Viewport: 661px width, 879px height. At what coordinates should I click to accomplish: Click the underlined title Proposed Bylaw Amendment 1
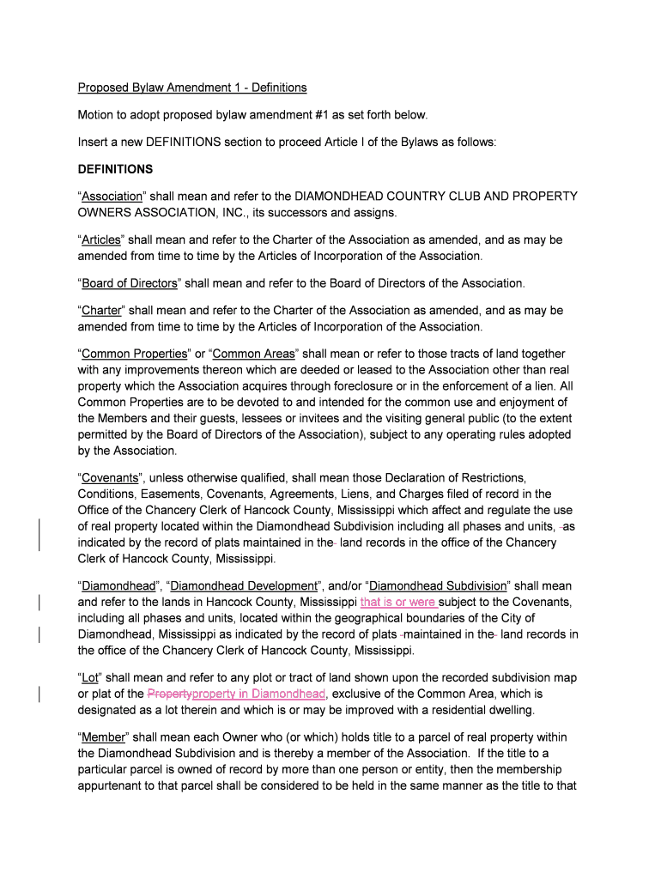pyautogui.click(x=192, y=88)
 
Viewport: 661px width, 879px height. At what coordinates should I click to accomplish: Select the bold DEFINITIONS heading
pyautogui.click(x=115, y=169)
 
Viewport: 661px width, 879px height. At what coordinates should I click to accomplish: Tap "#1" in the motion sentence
pyautogui.click(x=295, y=115)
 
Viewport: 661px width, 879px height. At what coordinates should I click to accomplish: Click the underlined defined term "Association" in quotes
pyautogui.click(x=112, y=197)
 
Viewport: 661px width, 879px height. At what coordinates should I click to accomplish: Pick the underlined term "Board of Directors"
pyautogui.click(x=130, y=283)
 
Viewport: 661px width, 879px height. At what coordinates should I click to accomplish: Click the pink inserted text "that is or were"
pyautogui.click(x=399, y=602)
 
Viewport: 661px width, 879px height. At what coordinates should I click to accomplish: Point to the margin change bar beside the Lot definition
pyautogui.click(x=41, y=694)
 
